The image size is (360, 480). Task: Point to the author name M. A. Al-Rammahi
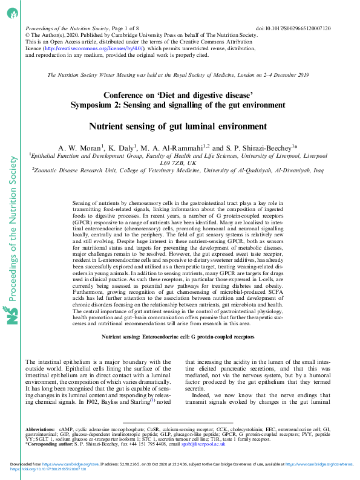pyautogui.click(x=176, y=148)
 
